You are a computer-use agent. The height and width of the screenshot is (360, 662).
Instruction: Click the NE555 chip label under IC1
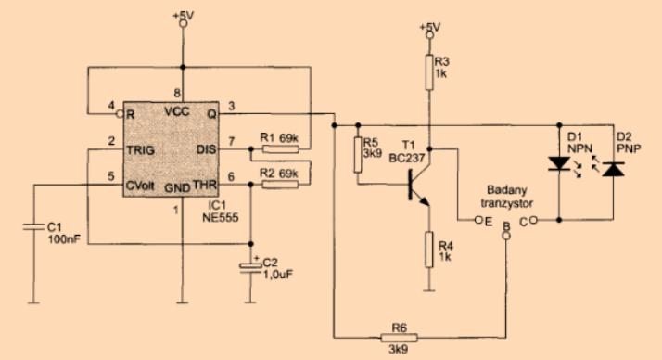tap(221, 218)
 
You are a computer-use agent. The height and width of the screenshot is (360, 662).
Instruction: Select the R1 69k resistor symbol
tap(281, 148)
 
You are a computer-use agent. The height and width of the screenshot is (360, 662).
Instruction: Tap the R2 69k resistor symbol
tap(281, 185)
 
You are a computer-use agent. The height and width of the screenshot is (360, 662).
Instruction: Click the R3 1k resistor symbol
tap(429, 72)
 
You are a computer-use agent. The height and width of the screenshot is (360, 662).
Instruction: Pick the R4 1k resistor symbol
tap(429, 250)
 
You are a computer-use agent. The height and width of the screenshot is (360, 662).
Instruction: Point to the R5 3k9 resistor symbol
tap(358, 155)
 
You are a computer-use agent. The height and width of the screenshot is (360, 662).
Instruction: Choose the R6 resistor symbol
tap(400, 338)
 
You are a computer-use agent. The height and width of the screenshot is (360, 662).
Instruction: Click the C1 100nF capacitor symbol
tap(33, 227)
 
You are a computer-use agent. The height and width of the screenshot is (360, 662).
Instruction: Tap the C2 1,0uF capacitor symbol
tap(250, 268)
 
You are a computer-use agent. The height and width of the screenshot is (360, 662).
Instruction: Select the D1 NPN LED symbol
tap(559, 163)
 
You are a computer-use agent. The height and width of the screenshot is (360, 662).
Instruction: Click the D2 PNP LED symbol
tap(613, 169)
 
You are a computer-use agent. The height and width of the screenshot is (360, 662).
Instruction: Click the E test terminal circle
tap(478, 220)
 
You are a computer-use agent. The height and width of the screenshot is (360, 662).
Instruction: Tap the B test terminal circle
tap(506, 236)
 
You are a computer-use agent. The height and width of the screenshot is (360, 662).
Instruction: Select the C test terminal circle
tap(533, 220)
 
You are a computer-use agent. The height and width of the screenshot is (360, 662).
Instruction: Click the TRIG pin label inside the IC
tap(141, 150)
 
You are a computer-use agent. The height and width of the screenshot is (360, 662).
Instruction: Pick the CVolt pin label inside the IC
tap(140, 186)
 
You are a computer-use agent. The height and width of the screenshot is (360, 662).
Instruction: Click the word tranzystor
tap(506, 203)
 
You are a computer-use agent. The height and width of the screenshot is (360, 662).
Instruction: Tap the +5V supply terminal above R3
tap(429, 35)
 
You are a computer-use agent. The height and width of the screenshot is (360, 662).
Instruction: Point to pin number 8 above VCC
tap(177, 93)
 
